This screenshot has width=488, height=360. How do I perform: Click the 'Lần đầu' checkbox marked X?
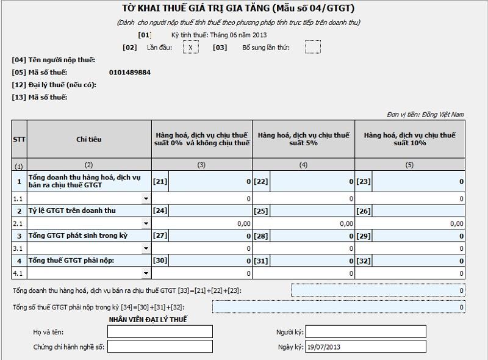(190, 47)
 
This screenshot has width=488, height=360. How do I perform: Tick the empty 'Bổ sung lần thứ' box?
(312, 47)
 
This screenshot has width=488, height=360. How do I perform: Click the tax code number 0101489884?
(130, 73)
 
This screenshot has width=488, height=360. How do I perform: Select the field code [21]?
(160, 181)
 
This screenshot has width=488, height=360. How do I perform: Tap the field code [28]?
(261, 236)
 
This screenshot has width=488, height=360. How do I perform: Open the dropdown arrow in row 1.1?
(146, 199)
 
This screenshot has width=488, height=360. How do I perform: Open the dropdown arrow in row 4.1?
(146, 273)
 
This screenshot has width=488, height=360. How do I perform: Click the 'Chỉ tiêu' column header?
(89, 139)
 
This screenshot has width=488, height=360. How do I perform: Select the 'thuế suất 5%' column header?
(304, 139)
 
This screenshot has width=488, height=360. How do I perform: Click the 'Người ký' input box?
(365, 331)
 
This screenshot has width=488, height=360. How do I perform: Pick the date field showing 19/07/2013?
(365, 347)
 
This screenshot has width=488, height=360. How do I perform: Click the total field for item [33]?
(378, 290)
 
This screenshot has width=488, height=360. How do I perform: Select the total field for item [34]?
(339, 307)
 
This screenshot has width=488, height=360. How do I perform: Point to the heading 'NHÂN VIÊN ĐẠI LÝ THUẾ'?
(148, 320)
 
